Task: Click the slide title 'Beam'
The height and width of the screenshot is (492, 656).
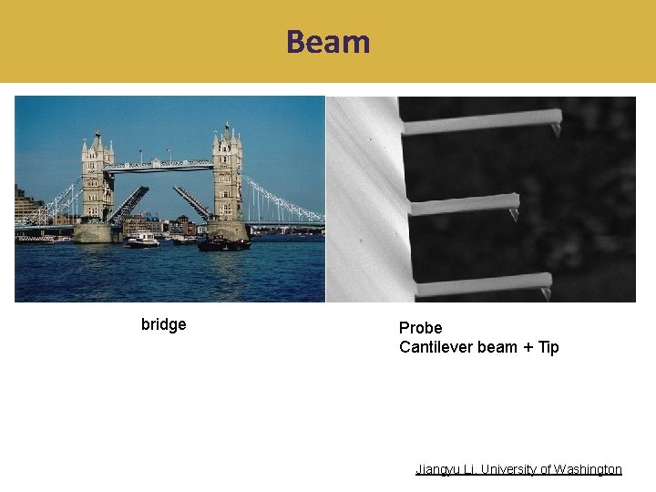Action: click(x=328, y=42)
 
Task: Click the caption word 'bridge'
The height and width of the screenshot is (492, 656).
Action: click(x=164, y=324)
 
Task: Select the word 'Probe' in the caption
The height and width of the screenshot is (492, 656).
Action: click(x=421, y=327)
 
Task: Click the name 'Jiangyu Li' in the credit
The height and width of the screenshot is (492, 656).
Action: click(x=445, y=469)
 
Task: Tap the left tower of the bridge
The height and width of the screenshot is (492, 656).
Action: click(x=96, y=182)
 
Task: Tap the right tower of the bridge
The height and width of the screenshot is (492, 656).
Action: click(x=227, y=178)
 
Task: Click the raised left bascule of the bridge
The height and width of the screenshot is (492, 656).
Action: click(x=128, y=205)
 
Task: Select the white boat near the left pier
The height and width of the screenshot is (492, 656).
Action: click(x=142, y=241)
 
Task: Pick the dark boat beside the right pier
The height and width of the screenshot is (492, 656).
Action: click(x=223, y=243)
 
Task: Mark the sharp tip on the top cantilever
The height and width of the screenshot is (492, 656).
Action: click(x=555, y=130)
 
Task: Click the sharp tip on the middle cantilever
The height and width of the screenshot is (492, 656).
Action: click(x=514, y=214)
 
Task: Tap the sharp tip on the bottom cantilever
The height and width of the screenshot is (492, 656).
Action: click(x=546, y=293)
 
